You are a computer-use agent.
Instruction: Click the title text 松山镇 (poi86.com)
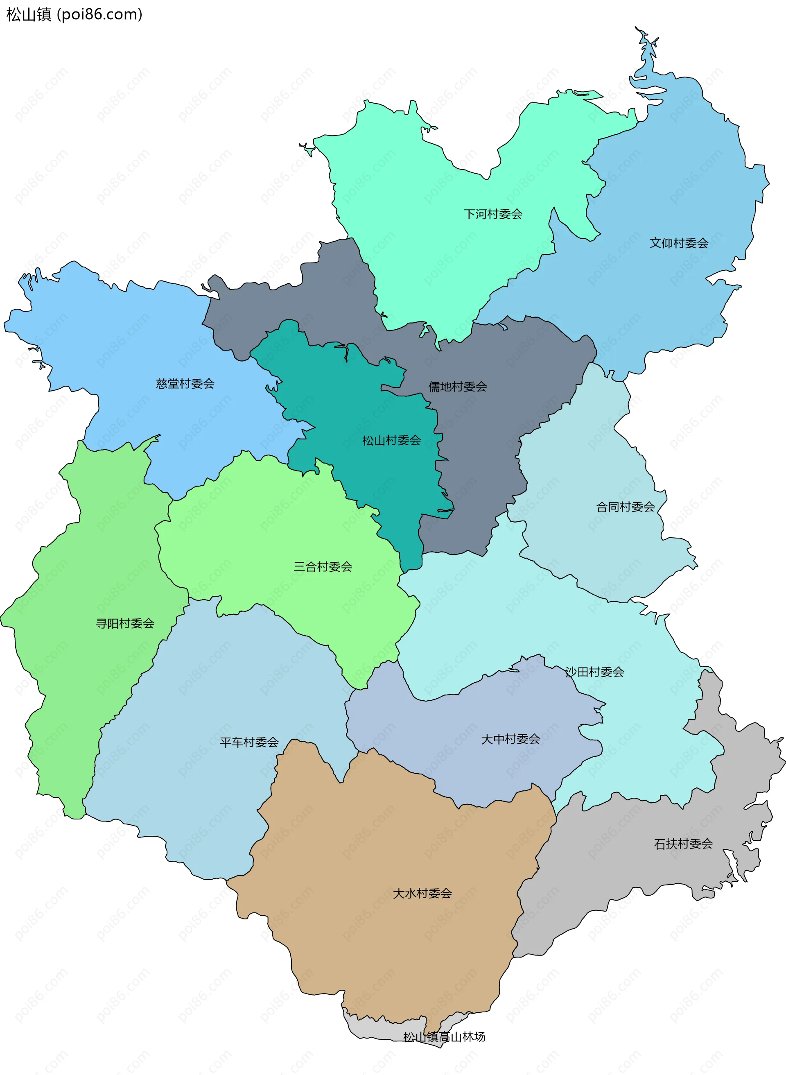point(74,15)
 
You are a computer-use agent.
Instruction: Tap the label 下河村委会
point(493,214)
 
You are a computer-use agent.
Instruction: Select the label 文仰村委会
point(678,243)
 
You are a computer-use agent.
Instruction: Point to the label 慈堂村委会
point(185,384)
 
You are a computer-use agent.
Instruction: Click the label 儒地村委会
point(457,387)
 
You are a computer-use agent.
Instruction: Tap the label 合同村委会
point(625,507)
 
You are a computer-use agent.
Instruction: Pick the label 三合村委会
point(323,566)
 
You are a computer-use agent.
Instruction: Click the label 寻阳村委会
point(125,623)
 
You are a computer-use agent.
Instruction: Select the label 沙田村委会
point(594,672)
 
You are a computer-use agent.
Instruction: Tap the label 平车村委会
point(249,742)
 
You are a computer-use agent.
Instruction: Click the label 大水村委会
point(422,893)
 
